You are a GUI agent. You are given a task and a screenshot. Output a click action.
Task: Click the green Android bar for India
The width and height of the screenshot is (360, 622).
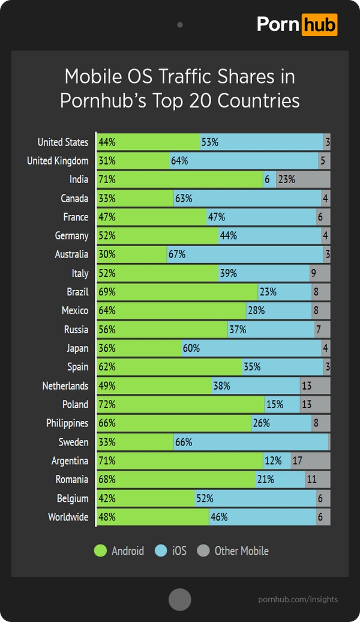(x=180, y=180)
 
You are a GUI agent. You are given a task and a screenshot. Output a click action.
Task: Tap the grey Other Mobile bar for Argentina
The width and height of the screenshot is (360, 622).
(x=311, y=461)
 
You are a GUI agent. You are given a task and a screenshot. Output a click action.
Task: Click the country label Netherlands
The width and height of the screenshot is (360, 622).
(x=65, y=386)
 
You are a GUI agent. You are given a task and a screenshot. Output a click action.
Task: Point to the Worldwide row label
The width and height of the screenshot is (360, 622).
(x=68, y=517)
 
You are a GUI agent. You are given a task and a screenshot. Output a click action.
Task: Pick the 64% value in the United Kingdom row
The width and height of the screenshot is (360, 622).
(x=179, y=161)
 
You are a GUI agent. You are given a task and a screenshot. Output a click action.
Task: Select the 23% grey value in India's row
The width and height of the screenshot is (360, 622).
(x=286, y=180)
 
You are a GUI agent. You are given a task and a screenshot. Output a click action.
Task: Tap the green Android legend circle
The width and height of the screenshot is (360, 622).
(x=101, y=551)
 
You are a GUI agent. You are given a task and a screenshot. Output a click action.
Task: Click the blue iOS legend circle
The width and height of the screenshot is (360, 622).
(x=161, y=551)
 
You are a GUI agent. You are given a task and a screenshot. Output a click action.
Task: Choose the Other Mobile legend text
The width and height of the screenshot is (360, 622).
(x=241, y=551)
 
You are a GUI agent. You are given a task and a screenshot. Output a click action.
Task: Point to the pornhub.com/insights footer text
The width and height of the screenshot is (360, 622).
(x=298, y=599)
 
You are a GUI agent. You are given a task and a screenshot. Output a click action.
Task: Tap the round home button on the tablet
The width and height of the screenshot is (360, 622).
(x=179, y=599)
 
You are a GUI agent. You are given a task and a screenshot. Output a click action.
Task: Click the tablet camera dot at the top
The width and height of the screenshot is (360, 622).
(x=179, y=25)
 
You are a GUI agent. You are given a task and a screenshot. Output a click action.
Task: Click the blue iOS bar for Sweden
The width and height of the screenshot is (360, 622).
(x=251, y=442)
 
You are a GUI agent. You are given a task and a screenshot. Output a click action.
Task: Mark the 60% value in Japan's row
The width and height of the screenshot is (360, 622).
(x=192, y=348)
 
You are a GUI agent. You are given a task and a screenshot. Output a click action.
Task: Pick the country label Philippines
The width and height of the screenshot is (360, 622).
(x=67, y=423)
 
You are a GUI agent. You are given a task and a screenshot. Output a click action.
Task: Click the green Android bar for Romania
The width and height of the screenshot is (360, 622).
(x=176, y=480)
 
